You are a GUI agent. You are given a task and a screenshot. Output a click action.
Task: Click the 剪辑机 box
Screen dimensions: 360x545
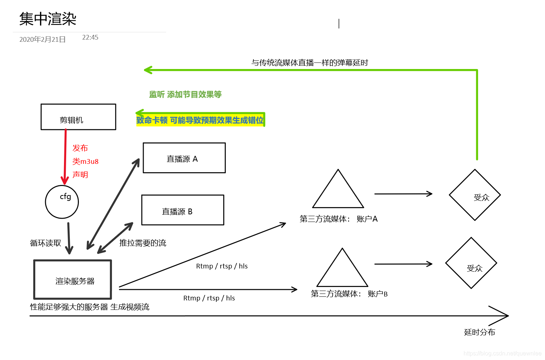point(78,117)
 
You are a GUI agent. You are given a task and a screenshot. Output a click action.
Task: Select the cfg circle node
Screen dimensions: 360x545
point(62,202)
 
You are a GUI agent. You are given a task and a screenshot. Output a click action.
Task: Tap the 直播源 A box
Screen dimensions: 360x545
point(184,158)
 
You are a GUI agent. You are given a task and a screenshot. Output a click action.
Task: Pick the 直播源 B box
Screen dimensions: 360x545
point(183,210)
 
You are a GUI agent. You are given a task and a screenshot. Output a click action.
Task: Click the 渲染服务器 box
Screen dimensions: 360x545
point(73,279)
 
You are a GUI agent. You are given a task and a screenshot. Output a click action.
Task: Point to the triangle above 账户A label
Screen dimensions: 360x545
point(338,193)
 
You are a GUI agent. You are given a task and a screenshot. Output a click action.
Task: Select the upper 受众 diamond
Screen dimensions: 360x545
point(475,195)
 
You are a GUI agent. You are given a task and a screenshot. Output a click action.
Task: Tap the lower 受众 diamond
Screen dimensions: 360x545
point(471,263)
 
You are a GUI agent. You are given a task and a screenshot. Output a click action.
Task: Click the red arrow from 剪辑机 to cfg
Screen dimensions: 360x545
point(65,156)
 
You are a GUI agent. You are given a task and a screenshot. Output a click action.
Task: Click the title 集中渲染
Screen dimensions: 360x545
point(48,19)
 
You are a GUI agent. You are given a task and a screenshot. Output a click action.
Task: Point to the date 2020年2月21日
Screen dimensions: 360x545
point(43,40)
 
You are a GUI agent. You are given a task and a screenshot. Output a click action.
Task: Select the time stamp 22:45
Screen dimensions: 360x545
point(90,37)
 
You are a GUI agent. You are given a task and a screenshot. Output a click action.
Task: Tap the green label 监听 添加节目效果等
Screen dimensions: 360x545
point(185,94)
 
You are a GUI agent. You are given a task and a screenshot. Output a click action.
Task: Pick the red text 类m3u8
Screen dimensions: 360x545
point(85,161)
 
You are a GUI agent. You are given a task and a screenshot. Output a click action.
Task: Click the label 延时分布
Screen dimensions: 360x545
point(480,332)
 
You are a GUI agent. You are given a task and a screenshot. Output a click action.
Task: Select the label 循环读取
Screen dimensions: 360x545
point(45,243)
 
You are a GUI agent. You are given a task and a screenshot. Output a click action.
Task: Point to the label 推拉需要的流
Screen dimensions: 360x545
point(143,243)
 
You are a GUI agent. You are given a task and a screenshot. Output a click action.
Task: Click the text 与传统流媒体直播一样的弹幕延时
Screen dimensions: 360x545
point(310,63)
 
